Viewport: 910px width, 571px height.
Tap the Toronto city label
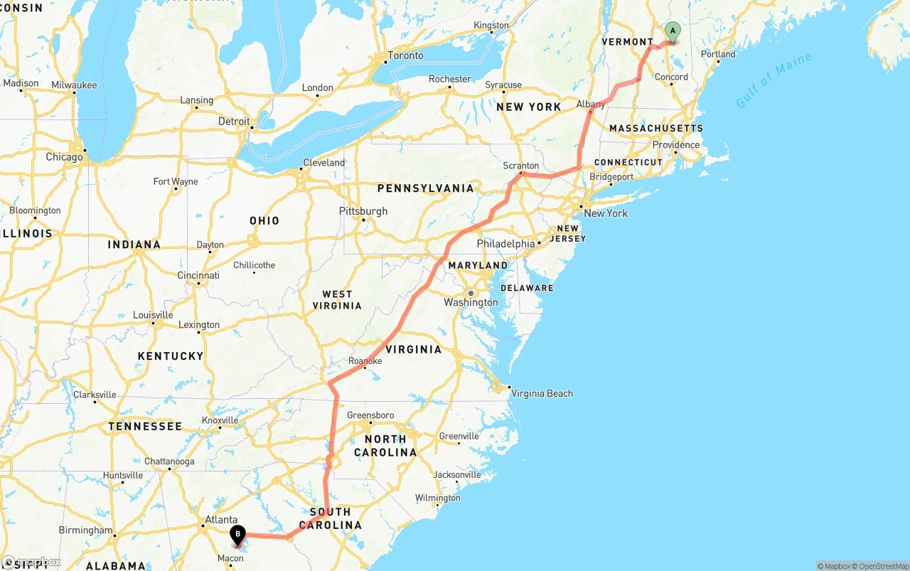coord(405,55)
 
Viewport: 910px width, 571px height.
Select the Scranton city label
coord(521,166)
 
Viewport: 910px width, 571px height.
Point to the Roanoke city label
coord(365,361)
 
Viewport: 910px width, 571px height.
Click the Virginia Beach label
coord(542,393)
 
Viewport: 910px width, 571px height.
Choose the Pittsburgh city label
coord(363,211)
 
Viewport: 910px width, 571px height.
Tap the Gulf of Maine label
coord(773,80)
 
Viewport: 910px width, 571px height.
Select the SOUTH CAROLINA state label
coord(330,518)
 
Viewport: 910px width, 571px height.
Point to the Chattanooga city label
coord(169,461)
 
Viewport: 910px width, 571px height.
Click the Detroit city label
coord(234,122)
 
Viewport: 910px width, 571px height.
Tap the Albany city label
coord(591,105)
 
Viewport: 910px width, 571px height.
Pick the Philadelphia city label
coord(505,244)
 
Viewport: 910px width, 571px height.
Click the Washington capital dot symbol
coord(470,293)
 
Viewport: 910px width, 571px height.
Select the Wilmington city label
coord(437,498)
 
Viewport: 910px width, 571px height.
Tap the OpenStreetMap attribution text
coord(882,566)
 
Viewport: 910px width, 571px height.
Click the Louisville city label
coord(153,315)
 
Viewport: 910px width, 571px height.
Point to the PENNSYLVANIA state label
coord(425,188)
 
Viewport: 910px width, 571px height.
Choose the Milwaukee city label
coord(74,85)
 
